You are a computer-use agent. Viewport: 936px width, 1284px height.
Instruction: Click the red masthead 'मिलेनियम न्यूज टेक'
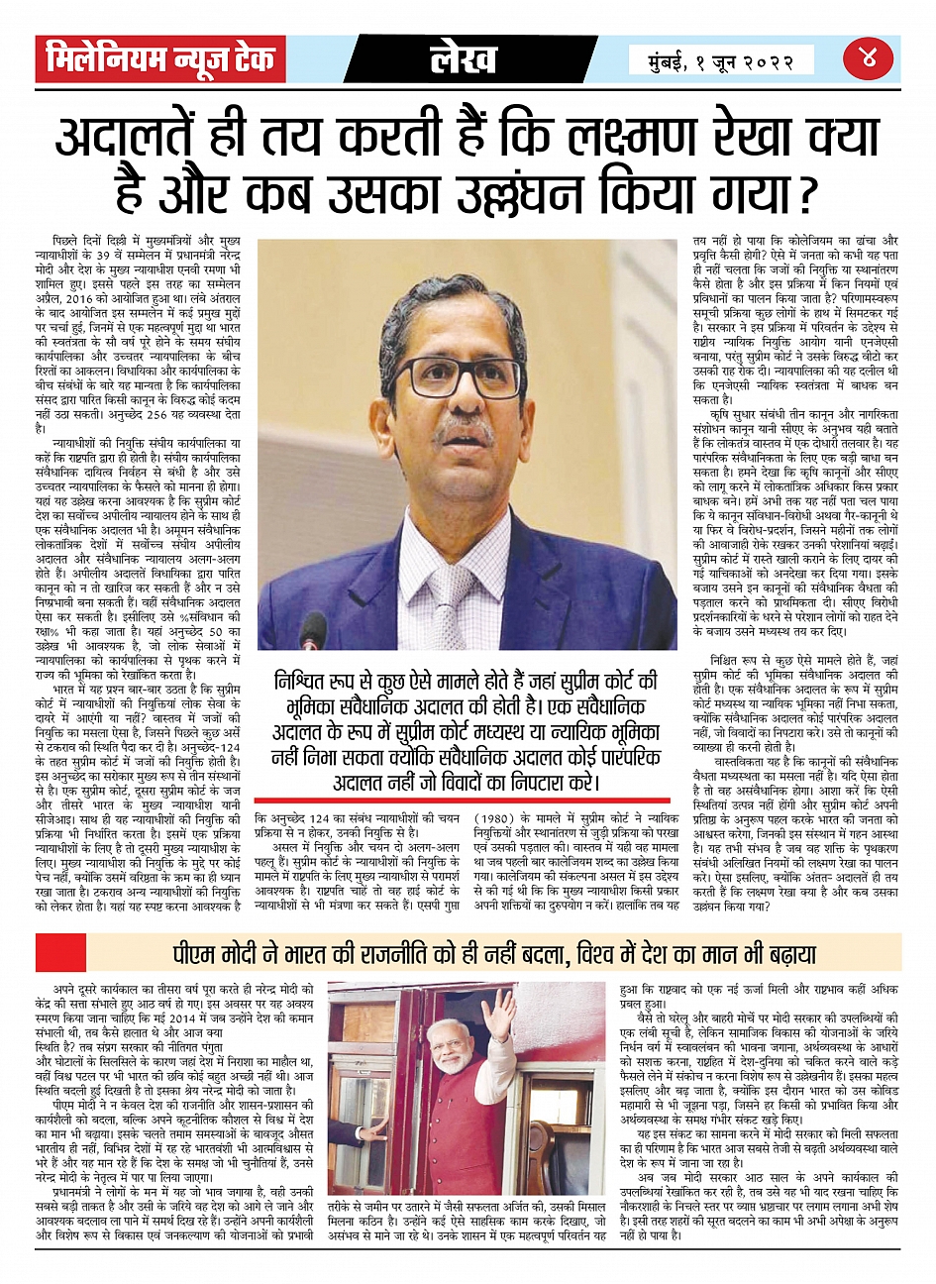tap(160, 60)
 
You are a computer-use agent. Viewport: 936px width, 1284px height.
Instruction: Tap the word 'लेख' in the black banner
tap(464, 60)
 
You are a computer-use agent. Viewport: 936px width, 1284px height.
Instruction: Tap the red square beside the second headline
tap(47, 953)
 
